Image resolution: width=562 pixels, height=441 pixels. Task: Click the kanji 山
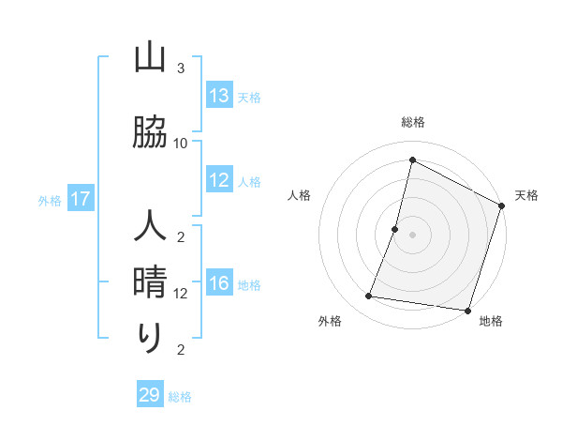click(151, 60)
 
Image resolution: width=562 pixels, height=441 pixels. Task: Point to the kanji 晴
click(151, 281)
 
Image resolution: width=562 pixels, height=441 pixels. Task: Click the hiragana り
click(151, 336)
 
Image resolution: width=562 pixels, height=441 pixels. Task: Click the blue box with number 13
click(219, 95)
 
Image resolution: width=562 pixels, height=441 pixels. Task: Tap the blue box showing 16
click(219, 283)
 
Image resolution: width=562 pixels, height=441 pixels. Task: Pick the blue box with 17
click(81, 199)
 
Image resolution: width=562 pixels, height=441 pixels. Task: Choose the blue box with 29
click(150, 395)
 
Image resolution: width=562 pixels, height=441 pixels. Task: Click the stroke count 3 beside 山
click(181, 68)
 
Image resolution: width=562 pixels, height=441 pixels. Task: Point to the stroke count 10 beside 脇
click(181, 143)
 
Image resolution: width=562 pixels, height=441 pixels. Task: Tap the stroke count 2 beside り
click(181, 350)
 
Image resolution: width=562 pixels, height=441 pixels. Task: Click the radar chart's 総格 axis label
click(412, 122)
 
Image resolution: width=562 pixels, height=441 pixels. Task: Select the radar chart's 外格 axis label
click(330, 321)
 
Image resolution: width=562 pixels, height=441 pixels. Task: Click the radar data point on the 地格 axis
click(467, 311)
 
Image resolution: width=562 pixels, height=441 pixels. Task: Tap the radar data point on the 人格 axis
click(395, 229)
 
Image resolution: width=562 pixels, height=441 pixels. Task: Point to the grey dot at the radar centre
click(412, 235)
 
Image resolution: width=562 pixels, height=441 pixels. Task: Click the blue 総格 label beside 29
click(180, 397)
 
